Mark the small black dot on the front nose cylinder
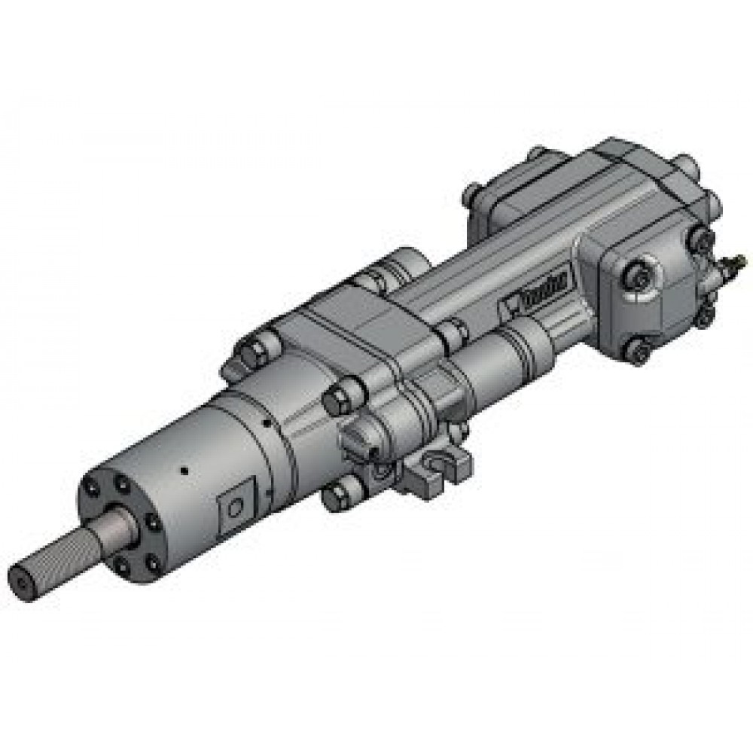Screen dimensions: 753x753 click(183, 472)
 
